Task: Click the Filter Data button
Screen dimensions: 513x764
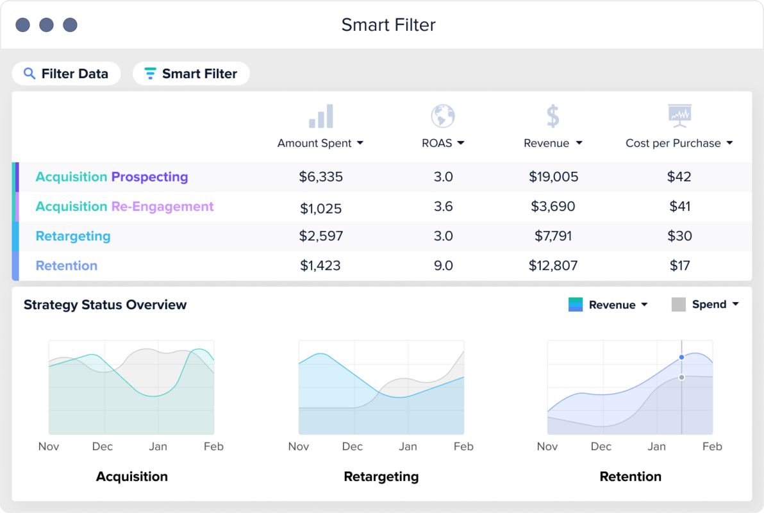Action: coord(66,74)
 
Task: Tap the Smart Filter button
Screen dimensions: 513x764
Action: coord(191,74)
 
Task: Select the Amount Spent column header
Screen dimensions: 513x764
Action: coord(320,143)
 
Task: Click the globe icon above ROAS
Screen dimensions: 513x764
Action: coord(442,117)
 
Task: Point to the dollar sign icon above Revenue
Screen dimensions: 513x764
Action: coord(552,117)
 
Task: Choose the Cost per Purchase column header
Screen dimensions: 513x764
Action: coord(679,143)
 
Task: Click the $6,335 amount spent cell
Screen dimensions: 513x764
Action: coord(320,177)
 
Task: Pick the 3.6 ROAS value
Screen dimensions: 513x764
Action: coord(443,206)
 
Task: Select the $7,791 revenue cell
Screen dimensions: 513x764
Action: coord(552,236)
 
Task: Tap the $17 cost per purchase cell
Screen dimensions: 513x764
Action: coord(679,265)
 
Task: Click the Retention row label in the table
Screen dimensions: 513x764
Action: coord(67,265)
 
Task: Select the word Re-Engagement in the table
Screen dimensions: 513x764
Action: coord(162,206)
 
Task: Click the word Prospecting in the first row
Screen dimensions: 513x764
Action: coord(149,177)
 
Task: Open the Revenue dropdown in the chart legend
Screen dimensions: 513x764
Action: coord(618,305)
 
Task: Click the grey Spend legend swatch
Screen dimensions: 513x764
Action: coord(679,305)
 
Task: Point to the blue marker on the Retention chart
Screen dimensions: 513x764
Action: coord(681,357)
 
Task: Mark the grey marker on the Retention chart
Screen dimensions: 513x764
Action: coord(681,378)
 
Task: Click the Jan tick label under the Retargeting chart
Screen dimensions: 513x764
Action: coord(408,446)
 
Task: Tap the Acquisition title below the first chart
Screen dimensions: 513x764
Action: coord(132,476)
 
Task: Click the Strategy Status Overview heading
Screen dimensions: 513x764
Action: coord(105,305)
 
